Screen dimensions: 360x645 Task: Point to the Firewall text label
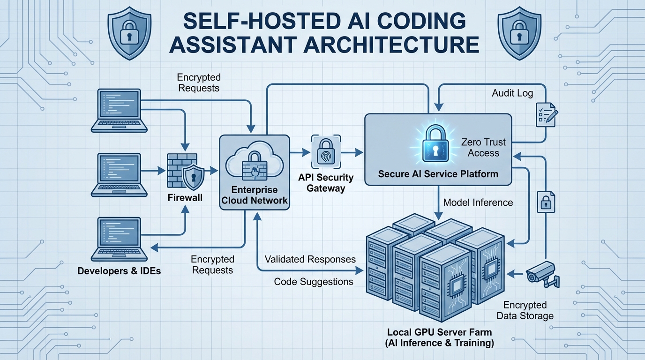tap(185, 198)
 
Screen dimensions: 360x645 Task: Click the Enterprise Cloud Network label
tap(255, 195)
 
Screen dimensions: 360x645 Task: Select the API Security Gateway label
tap(326, 183)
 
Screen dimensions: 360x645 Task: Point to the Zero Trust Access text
tap(483, 147)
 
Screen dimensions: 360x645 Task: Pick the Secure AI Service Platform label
tap(438, 174)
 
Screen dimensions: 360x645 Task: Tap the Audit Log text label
tap(512, 93)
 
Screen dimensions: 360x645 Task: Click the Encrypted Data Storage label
tap(525, 310)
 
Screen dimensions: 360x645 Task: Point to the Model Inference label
tap(478, 202)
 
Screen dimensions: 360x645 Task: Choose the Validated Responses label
tap(310, 259)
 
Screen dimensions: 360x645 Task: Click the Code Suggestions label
tap(314, 282)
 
